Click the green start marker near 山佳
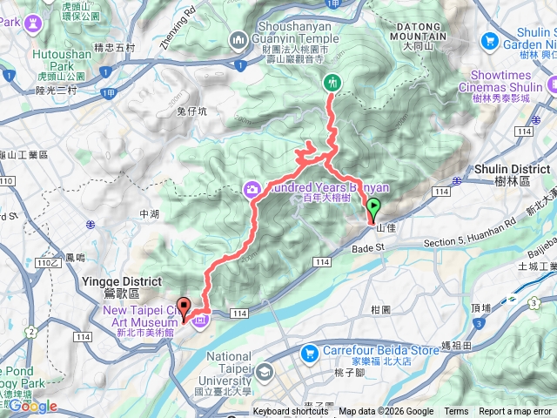(374, 209)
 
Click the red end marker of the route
(185, 309)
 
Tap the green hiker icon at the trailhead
(332, 83)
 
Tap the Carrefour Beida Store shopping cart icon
(309, 353)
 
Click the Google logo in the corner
(32, 407)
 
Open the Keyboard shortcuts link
(290, 412)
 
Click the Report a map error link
(515, 412)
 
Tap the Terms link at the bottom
(455, 412)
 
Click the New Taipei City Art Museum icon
(202, 322)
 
